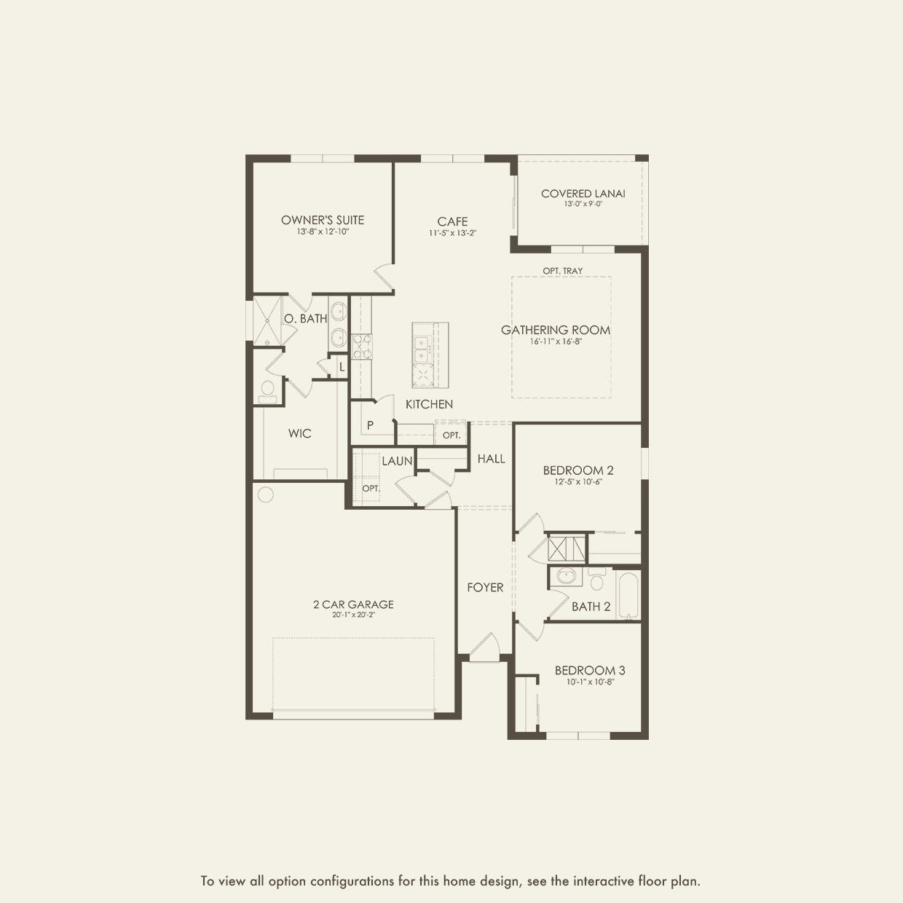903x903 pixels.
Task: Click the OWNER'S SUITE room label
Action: [323, 220]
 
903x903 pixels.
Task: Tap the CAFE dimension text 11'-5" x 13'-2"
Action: [452, 234]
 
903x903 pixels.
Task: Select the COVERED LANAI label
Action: [583, 194]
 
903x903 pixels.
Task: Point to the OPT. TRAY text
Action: [562, 271]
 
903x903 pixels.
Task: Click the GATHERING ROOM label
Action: [555, 330]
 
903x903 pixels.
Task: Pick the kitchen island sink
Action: [422, 349]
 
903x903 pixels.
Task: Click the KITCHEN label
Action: [429, 404]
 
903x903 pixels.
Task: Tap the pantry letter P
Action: [370, 425]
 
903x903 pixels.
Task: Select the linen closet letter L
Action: [341, 367]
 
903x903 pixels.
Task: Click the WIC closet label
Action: [299, 433]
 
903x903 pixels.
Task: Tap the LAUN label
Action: [397, 461]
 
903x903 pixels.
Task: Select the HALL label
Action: [491, 459]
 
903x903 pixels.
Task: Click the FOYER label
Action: [485, 588]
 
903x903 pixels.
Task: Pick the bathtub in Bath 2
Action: [627, 595]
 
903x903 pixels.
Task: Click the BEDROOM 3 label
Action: [590, 671]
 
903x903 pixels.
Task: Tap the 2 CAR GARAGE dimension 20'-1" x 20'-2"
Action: [353, 615]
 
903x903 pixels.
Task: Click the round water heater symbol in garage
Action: [265, 494]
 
